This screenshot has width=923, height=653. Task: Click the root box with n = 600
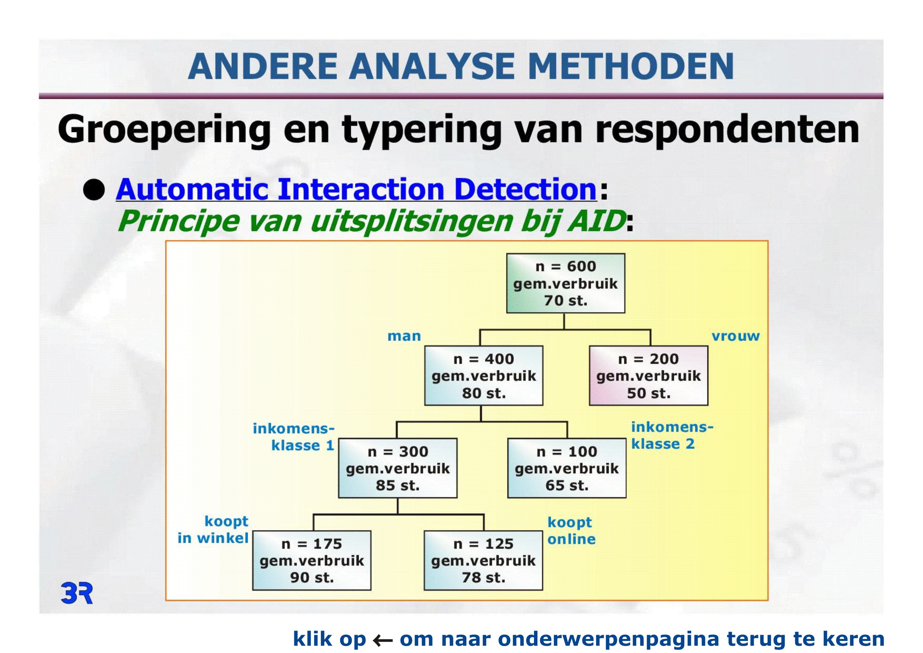pyautogui.click(x=565, y=283)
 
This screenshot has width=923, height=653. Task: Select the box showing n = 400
pyautogui.click(x=484, y=376)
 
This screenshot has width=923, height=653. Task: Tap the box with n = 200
pyautogui.click(x=648, y=376)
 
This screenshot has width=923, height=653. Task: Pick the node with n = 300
pyautogui.click(x=398, y=468)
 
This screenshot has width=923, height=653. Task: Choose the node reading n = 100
pyautogui.click(x=567, y=468)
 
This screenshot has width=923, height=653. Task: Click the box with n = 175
pyautogui.click(x=312, y=560)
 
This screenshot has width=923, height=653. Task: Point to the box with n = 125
pyautogui.click(x=483, y=560)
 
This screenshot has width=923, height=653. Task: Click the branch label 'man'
pyautogui.click(x=404, y=336)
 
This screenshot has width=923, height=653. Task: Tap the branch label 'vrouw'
pyautogui.click(x=736, y=336)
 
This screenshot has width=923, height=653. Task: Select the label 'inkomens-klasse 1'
pyautogui.click(x=294, y=437)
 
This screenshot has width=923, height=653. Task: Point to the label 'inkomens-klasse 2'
pyautogui.click(x=672, y=435)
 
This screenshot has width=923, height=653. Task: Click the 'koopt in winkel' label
pyautogui.click(x=213, y=530)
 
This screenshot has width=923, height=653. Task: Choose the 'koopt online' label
pyautogui.click(x=571, y=531)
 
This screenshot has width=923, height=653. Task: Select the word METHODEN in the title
pyautogui.click(x=631, y=66)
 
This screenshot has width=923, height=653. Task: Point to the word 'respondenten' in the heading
pyautogui.click(x=727, y=130)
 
